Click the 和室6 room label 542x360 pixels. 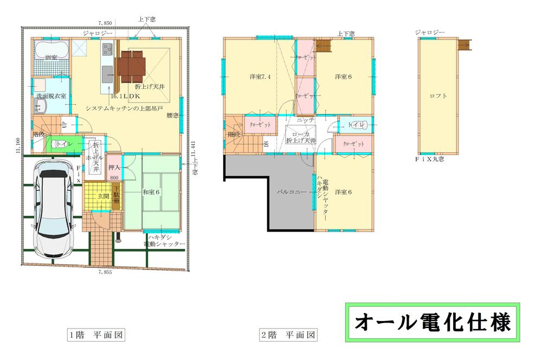point(151,191)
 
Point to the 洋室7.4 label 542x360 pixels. point(260,76)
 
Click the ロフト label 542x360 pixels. point(438,96)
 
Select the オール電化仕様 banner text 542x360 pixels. point(432,323)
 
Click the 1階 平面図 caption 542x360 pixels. point(96,335)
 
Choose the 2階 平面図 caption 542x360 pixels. point(288,335)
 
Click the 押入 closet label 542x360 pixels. point(114,168)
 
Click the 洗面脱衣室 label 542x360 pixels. point(51,96)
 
